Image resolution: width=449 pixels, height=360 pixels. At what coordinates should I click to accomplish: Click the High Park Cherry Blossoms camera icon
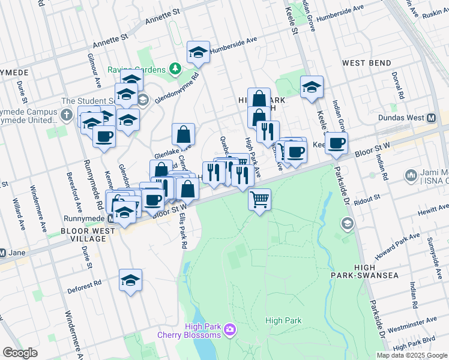click(229, 329)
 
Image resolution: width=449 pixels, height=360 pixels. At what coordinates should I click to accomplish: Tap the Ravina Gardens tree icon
click(175, 70)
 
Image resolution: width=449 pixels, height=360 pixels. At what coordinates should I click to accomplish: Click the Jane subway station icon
click(3, 253)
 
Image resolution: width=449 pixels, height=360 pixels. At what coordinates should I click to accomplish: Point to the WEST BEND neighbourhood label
click(366, 63)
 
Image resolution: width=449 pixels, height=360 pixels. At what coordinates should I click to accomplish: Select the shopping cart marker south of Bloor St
click(259, 199)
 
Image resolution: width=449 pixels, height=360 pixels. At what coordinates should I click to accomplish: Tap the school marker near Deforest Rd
click(130, 280)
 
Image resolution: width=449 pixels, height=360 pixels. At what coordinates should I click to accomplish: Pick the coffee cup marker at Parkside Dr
click(337, 143)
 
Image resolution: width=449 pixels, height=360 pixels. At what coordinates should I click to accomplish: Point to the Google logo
click(20, 353)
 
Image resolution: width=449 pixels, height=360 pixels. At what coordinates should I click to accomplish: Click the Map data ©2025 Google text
click(412, 355)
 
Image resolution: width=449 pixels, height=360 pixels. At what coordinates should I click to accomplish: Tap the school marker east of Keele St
click(312, 87)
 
